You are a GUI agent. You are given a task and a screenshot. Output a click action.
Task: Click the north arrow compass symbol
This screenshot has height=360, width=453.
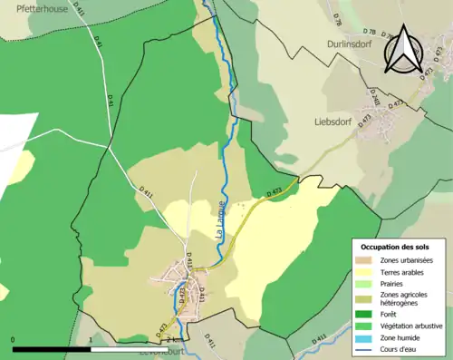402,49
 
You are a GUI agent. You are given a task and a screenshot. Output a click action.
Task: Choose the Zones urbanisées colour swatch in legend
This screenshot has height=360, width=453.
367,261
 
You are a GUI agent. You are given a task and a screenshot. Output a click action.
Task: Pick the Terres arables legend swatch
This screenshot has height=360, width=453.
367,272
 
